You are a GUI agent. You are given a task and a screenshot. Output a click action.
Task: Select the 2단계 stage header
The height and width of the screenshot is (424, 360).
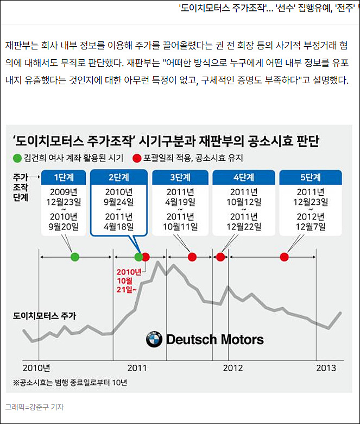point(118,177)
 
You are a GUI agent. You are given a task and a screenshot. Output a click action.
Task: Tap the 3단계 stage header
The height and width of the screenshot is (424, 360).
point(180,177)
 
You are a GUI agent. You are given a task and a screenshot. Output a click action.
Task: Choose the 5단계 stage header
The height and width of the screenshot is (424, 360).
point(311,177)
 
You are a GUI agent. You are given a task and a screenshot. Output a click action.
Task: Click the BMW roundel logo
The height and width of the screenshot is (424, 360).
point(154,340)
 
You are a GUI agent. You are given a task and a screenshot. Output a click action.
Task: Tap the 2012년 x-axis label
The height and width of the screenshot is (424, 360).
point(232,368)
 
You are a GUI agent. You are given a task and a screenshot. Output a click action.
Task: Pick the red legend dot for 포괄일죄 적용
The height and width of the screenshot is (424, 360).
point(137,158)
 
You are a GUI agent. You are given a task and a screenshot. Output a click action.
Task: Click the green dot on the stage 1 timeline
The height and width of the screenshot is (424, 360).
point(75,257)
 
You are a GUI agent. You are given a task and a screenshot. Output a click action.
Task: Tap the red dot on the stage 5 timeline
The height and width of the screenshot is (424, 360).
point(284,257)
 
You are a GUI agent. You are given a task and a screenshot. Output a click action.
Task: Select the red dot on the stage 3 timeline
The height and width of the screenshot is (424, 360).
point(192,257)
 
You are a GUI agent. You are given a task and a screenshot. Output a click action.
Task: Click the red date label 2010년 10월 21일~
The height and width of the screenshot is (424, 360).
point(128,279)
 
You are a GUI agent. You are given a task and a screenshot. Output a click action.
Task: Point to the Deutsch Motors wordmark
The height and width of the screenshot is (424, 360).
point(214,340)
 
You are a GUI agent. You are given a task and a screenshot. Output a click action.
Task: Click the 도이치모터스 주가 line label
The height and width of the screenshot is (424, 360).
point(45,315)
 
